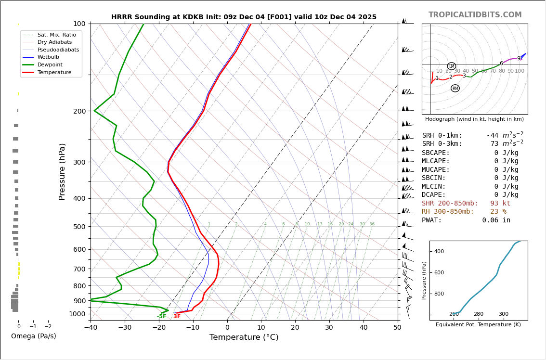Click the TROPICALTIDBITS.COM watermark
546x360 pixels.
[475, 15]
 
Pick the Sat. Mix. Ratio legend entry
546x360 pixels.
[56, 35]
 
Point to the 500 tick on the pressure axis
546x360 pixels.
[79, 227]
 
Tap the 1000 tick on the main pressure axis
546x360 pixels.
[77, 314]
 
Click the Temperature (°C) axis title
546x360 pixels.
[244, 337]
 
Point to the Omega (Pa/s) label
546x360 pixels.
[33, 336]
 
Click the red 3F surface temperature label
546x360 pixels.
[177, 316]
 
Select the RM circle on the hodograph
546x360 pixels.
[455, 88]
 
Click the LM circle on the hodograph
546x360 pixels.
[451, 66]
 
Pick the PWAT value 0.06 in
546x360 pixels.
[496, 220]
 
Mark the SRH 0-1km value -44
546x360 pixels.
[492, 136]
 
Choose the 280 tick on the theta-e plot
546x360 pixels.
[478, 314]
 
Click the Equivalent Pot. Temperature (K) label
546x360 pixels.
[478, 325]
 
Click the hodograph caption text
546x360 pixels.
[474, 119]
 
